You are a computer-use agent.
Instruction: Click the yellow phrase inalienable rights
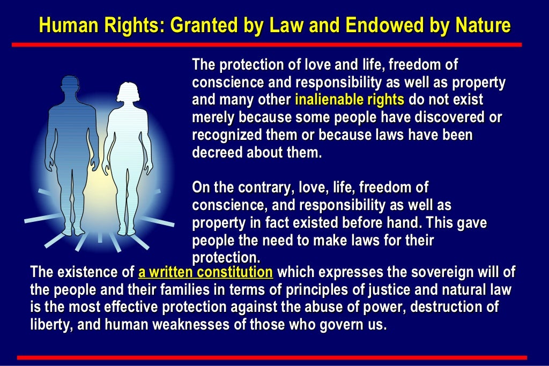[x=349, y=100]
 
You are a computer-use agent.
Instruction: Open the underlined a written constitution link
[x=205, y=272]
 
